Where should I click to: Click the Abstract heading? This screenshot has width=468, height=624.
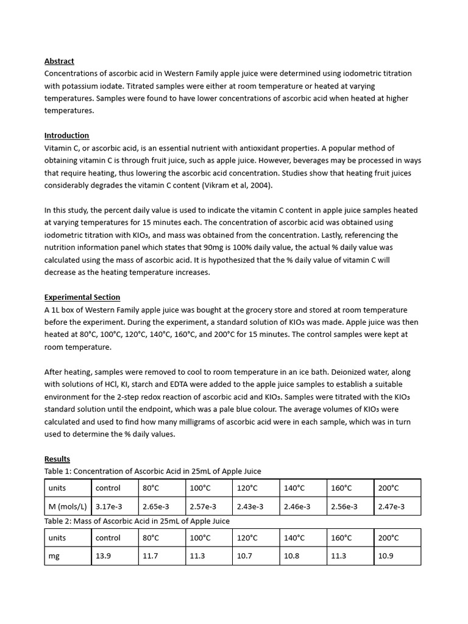point(59,61)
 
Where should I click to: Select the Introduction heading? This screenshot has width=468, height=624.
point(66,135)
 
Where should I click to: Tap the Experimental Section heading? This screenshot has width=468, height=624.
point(82,297)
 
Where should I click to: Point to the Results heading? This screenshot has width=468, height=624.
point(57,459)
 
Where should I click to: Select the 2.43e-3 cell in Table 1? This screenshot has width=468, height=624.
point(250,506)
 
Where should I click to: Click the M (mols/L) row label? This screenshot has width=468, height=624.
point(68,506)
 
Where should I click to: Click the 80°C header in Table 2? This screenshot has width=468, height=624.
point(151,537)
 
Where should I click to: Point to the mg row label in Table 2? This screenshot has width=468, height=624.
point(54,556)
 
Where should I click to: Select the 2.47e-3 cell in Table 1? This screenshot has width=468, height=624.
point(391,506)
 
